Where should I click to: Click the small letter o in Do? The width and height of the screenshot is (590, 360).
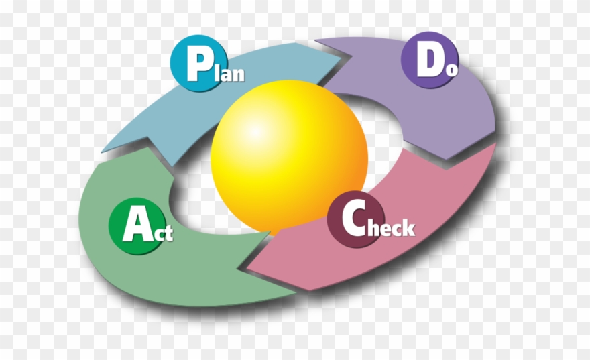coord(452,69)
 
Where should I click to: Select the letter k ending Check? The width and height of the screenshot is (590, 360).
coord(407,228)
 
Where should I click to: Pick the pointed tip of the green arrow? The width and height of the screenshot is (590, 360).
coord(102,149)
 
